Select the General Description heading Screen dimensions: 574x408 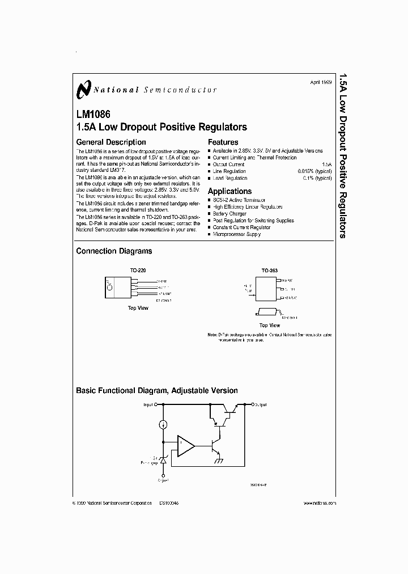click(111, 142)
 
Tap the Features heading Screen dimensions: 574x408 click(223, 142)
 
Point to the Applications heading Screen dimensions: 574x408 click(229, 191)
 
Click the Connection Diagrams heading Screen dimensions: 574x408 click(114, 251)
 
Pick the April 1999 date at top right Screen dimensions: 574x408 click(321, 82)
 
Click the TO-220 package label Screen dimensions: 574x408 click(138, 271)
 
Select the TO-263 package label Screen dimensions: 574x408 click(270, 271)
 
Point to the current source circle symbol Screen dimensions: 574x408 click(163, 424)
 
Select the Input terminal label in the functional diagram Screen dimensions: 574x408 click(148, 405)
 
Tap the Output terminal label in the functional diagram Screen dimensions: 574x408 click(261, 404)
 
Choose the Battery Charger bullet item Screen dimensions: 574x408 click(229, 214)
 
